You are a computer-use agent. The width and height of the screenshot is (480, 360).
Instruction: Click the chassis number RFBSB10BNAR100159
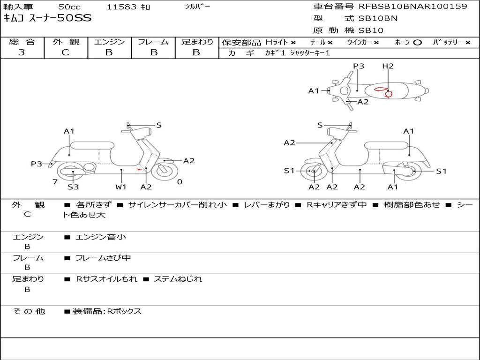[x=413, y=7]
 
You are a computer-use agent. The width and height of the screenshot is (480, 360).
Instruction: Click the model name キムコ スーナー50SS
[x=47, y=18]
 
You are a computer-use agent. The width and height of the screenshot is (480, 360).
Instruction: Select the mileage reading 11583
[x=121, y=7]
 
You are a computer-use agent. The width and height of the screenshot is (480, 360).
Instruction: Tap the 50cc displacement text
[x=69, y=7]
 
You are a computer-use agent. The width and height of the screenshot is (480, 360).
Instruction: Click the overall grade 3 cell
[x=22, y=52]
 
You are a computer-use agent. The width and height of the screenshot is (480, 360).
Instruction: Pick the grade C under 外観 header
[x=66, y=52]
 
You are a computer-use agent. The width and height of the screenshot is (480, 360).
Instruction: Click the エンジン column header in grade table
[x=109, y=42]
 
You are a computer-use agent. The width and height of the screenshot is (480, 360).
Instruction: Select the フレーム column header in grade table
[x=153, y=42]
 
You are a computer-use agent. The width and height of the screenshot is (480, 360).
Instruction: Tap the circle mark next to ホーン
[x=417, y=42]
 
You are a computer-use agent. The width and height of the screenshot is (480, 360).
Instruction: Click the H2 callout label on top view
[x=388, y=66]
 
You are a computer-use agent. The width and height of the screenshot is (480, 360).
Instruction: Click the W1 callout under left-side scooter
[x=121, y=187]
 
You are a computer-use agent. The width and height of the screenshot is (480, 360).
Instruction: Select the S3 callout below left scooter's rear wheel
[x=73, y=187]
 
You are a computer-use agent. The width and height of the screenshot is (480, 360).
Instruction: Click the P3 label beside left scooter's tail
[x=37, y=164]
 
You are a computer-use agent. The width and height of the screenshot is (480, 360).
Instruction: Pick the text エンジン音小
[x=101, y=237]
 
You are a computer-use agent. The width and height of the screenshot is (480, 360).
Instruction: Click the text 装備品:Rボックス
[x=106, y=311]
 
